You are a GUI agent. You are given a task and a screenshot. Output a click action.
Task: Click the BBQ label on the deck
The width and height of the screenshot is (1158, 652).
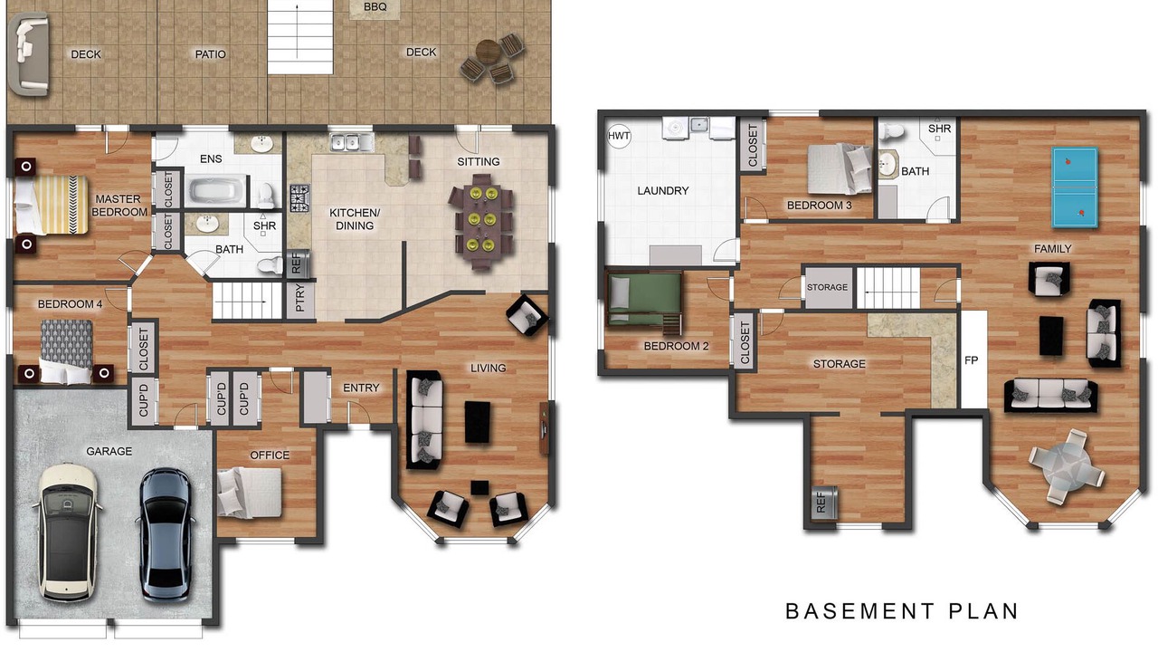click(375, 7)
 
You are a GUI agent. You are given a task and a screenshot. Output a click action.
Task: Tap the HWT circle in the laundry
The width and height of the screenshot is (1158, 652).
click(618, 136)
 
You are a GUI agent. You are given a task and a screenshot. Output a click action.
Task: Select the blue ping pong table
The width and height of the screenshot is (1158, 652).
click(1075, 187)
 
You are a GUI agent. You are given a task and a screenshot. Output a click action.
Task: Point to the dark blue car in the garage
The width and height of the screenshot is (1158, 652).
click(166, 535)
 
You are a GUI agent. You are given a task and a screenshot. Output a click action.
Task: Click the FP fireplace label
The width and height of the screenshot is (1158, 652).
click(971, 360)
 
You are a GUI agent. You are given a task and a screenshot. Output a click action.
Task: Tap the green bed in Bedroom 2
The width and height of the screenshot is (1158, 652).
click(644, 300)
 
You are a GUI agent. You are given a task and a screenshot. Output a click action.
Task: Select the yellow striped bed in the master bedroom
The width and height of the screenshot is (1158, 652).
click(51, 205)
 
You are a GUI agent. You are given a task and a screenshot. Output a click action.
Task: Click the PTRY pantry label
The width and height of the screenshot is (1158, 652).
click(299, 299)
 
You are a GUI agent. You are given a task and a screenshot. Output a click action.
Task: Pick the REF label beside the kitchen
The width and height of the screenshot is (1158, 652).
click(296, 264)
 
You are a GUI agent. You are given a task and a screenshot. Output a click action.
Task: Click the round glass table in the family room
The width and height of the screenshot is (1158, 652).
click(1067, 467)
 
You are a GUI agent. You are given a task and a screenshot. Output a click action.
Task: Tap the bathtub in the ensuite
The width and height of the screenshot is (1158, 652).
click(216, 190)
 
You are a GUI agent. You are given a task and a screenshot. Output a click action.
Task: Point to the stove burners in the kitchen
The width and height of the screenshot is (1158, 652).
click(299, 198)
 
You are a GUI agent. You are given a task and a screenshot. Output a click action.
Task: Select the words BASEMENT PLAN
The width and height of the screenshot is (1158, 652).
click(902, 611)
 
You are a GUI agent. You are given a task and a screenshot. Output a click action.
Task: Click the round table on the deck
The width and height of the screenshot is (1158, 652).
click(488, 51)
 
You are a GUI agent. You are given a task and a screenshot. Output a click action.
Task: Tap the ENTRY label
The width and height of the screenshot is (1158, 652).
click(361, 388)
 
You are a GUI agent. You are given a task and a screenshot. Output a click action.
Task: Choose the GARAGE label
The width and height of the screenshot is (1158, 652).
click(109, 451)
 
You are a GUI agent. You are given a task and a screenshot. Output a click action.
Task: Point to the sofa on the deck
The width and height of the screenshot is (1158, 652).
click(28, 55)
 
